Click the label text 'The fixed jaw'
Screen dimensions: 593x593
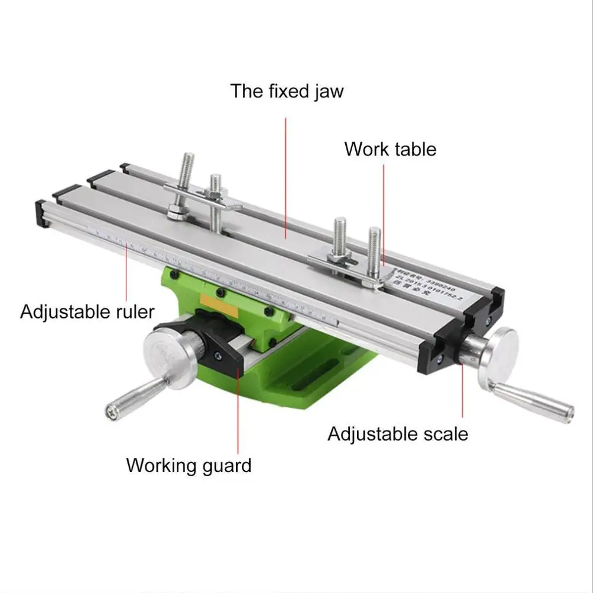(x=287, y=91)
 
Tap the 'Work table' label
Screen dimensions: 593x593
(x=390, y=149)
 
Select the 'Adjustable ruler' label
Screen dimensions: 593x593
(x=87, y=311)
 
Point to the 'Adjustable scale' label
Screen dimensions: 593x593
(x=398, y=433)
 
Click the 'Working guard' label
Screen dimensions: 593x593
(x=189, y=465)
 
